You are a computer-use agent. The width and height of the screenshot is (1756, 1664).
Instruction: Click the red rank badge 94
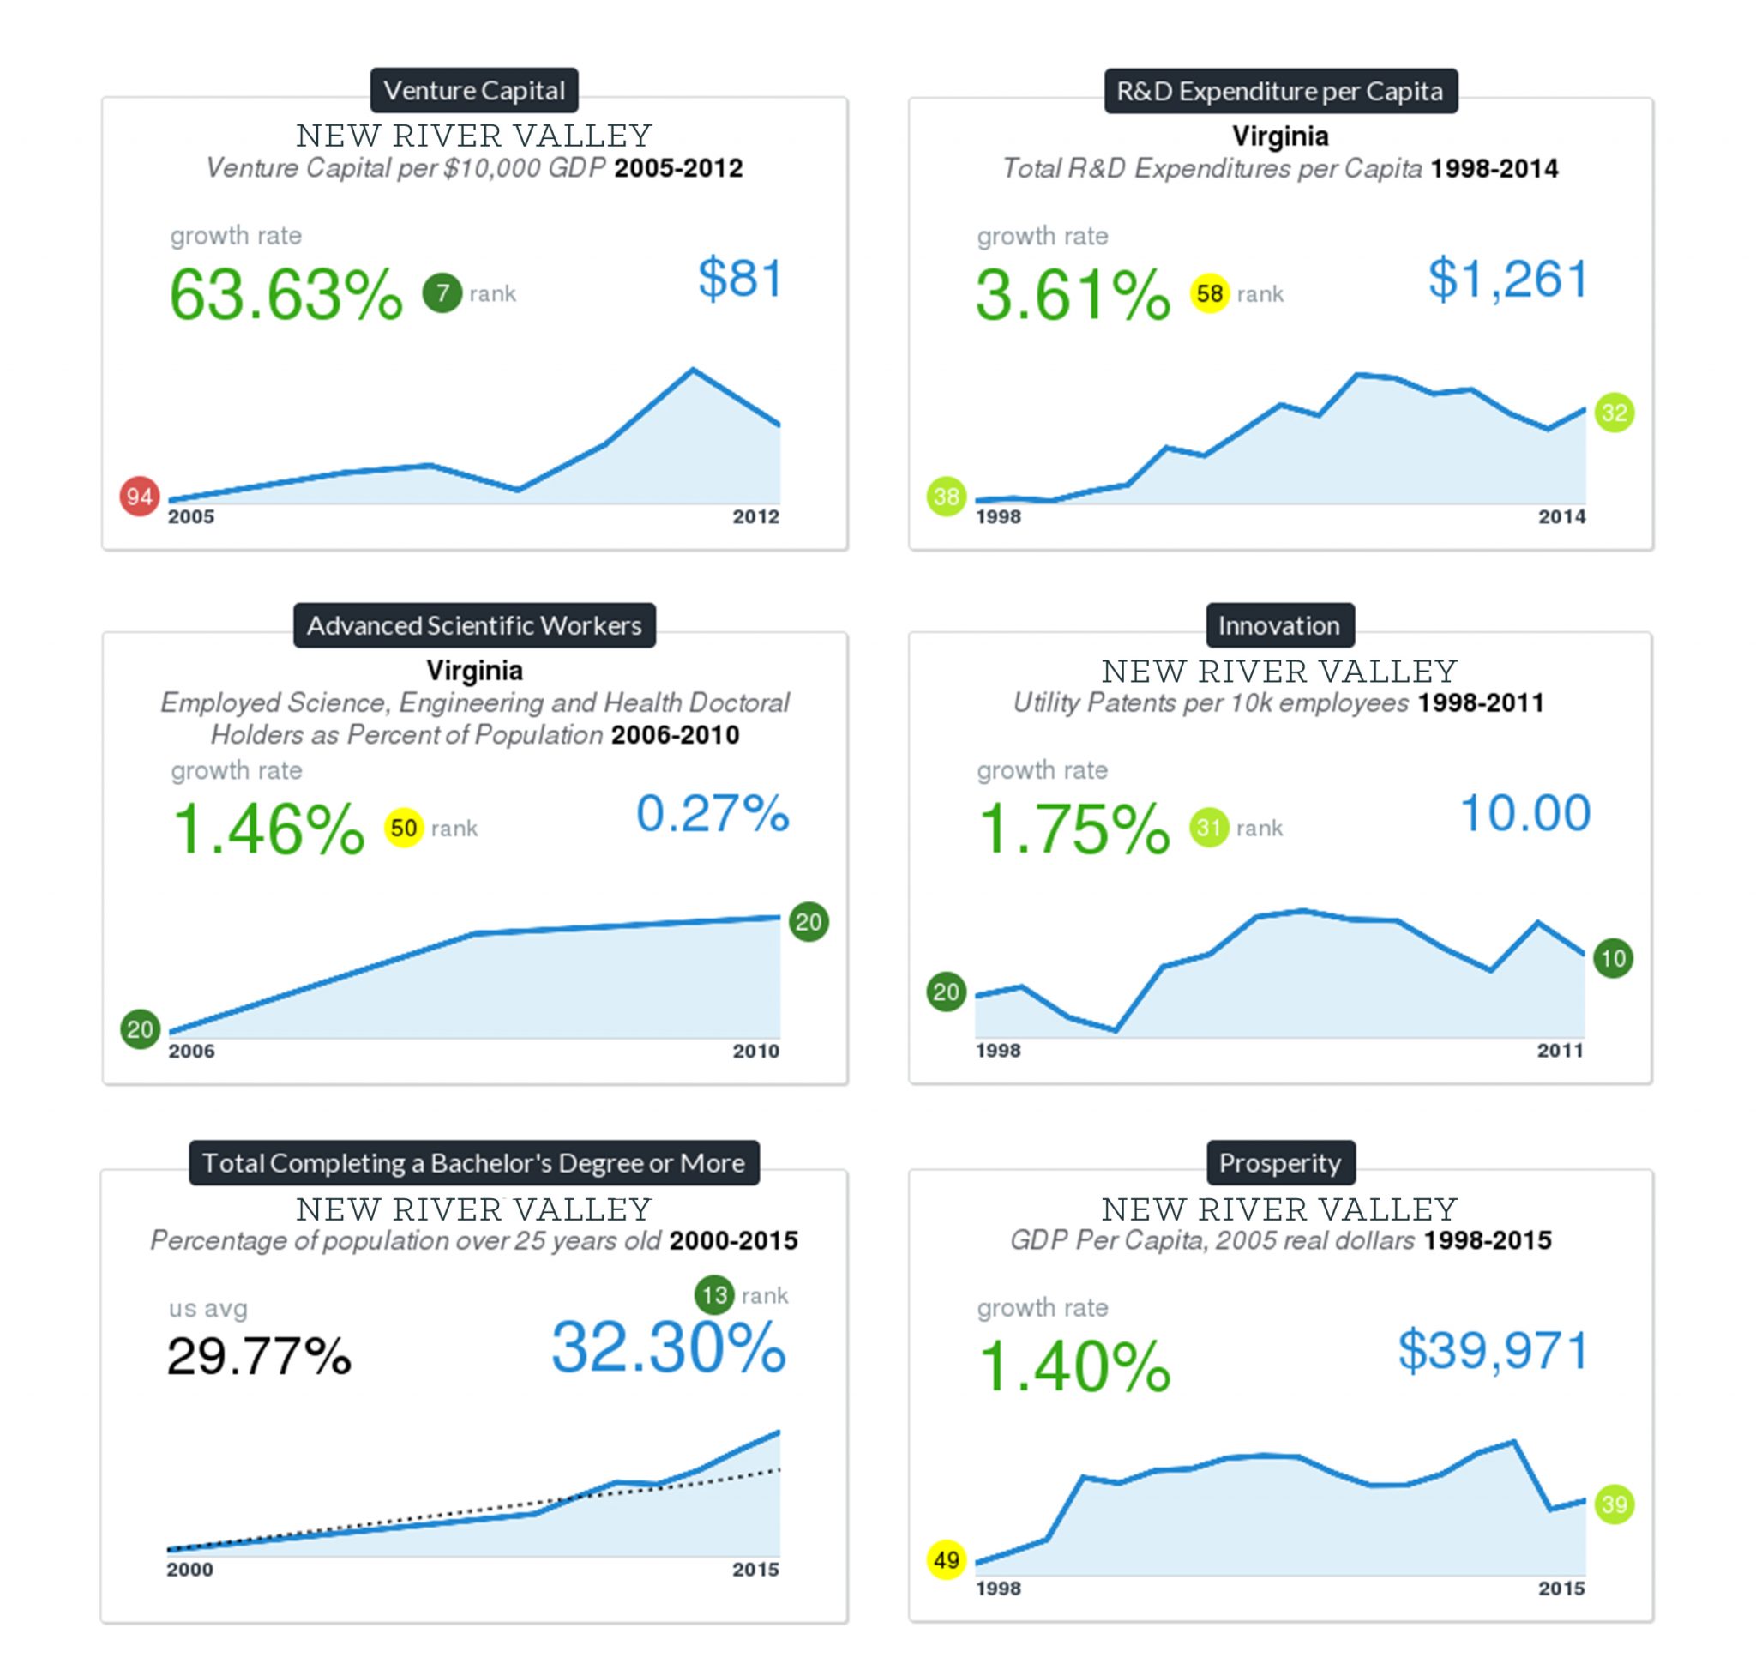(x=139, y=496)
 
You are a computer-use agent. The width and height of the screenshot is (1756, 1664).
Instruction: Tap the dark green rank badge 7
(x=442, y=292)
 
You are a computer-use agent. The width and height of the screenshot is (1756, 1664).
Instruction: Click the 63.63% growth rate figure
(x=286, y=294)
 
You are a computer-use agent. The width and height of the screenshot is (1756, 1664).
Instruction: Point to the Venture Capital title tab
(x=473, y=90)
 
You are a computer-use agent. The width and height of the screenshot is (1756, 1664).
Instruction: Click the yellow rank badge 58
(x=1209, y=293)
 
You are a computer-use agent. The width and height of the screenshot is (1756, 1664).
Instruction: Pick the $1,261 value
(x=1506, y=279)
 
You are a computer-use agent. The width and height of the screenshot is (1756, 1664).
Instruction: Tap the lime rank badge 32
(x=1615, y=413)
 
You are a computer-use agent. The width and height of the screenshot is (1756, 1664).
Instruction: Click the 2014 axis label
(x=1561, y=517)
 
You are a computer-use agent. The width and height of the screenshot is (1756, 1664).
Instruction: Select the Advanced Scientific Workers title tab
(x=473, y=625)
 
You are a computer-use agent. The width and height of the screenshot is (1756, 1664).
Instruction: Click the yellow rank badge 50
(x=403, y=829)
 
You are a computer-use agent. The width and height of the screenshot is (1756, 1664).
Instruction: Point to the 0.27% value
(x=713, y=812)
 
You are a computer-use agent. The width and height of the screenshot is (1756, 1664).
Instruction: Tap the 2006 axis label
(x=191, y=1051)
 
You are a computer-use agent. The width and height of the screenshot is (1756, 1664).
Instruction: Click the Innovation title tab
(x=1279, y=625)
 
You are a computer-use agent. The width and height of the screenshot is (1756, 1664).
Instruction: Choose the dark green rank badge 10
(x=1612, y=958)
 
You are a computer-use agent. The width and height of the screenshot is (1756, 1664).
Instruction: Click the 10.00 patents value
(x=1524, y=812)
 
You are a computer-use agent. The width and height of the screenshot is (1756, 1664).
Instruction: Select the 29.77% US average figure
(x=259, y=1356)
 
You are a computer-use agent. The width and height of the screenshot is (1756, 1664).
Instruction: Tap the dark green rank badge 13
(x=714, y=1296)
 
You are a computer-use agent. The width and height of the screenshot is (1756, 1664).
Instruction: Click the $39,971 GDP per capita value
(x=1493, y=1350)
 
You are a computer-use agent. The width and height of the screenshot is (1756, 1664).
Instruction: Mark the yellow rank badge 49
(x=947, y=1559)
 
